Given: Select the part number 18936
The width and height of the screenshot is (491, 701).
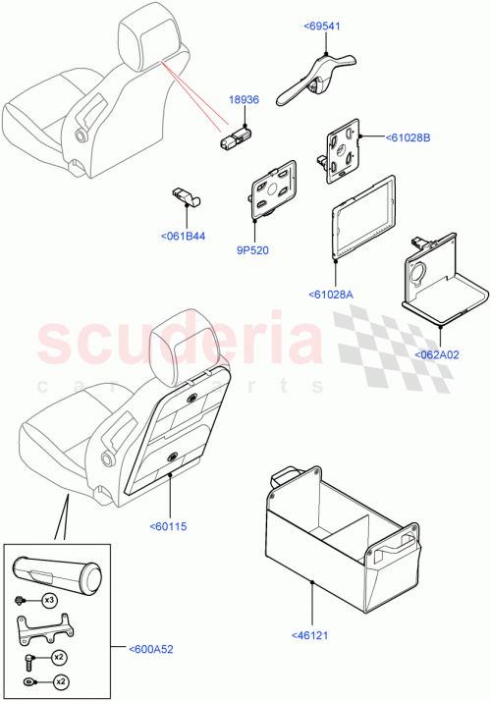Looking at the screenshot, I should [x=245, y=100].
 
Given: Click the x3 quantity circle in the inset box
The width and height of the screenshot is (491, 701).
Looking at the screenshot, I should [x=49, y=599].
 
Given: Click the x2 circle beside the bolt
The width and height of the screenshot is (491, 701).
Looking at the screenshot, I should [x=59, y=657].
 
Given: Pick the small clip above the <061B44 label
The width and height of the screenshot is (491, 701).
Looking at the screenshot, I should [x=185, y=196].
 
